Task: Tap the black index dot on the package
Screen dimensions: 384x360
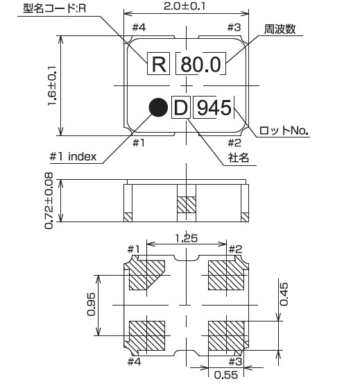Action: pyautogui.click(x=159, y=107)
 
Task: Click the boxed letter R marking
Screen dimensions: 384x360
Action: pyautogui.click(x=159, y=65)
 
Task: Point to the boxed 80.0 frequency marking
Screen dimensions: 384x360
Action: pyautogui.click(x=200, y=65)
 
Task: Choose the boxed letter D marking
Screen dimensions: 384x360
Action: pyautogui.click(x=180, y=108)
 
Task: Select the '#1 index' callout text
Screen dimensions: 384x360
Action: pyautogui.click(x=73, y=156)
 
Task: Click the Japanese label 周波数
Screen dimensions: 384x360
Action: pyautogui.click(x=280, y=30)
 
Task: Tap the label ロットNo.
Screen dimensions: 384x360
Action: pyautogui.click(x=284, y=130)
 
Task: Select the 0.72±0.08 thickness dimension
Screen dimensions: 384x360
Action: pyautogui.click(x=49, y=201)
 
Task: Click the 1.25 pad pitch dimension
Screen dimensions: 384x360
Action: pyautogui.click(x=187, y=238)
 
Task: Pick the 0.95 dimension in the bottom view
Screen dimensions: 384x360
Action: pyautogui.click(x=91, y=303)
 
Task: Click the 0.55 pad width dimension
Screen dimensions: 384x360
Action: pyautogui.click(x=223, y=376)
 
